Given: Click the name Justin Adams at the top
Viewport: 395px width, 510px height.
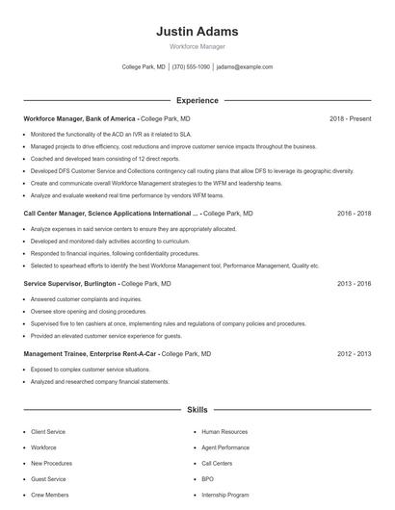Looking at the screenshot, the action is [197, 32].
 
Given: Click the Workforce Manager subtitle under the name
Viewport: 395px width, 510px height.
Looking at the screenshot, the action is [197, 47].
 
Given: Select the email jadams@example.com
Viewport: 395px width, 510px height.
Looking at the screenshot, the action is [245, 67].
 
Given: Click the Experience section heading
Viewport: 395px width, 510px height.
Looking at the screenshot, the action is [197, 100].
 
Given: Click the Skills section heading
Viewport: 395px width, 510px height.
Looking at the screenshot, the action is [197, 411].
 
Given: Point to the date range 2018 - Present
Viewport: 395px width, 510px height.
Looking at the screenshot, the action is [350, 118].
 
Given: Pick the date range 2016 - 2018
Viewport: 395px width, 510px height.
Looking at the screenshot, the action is [354, 214].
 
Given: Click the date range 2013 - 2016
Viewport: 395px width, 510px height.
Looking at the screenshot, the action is [354, 285].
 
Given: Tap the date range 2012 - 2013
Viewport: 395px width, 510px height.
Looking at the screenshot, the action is [354, 354].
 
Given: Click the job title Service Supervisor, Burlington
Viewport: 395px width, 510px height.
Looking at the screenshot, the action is [70, 285].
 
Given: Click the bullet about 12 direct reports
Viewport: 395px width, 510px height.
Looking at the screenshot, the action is [105, 158].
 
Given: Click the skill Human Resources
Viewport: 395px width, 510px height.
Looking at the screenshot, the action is [224, 433].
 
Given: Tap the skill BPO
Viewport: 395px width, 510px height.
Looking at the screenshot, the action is [208, 479].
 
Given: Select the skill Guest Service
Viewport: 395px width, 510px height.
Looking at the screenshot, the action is [48, 479].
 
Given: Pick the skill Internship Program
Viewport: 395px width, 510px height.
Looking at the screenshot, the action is [225, 495].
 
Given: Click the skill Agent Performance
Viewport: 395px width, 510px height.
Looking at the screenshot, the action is [225, 448].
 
